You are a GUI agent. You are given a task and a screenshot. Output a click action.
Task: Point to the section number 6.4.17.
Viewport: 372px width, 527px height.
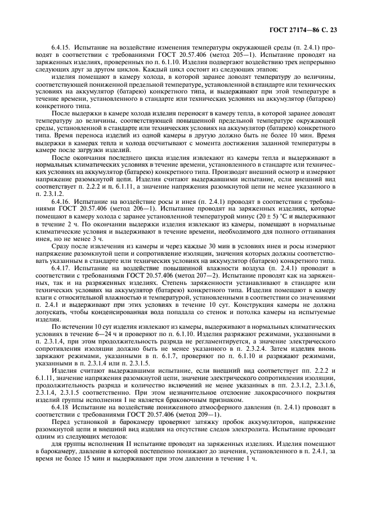pyautogui.click(x=61, y=268)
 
